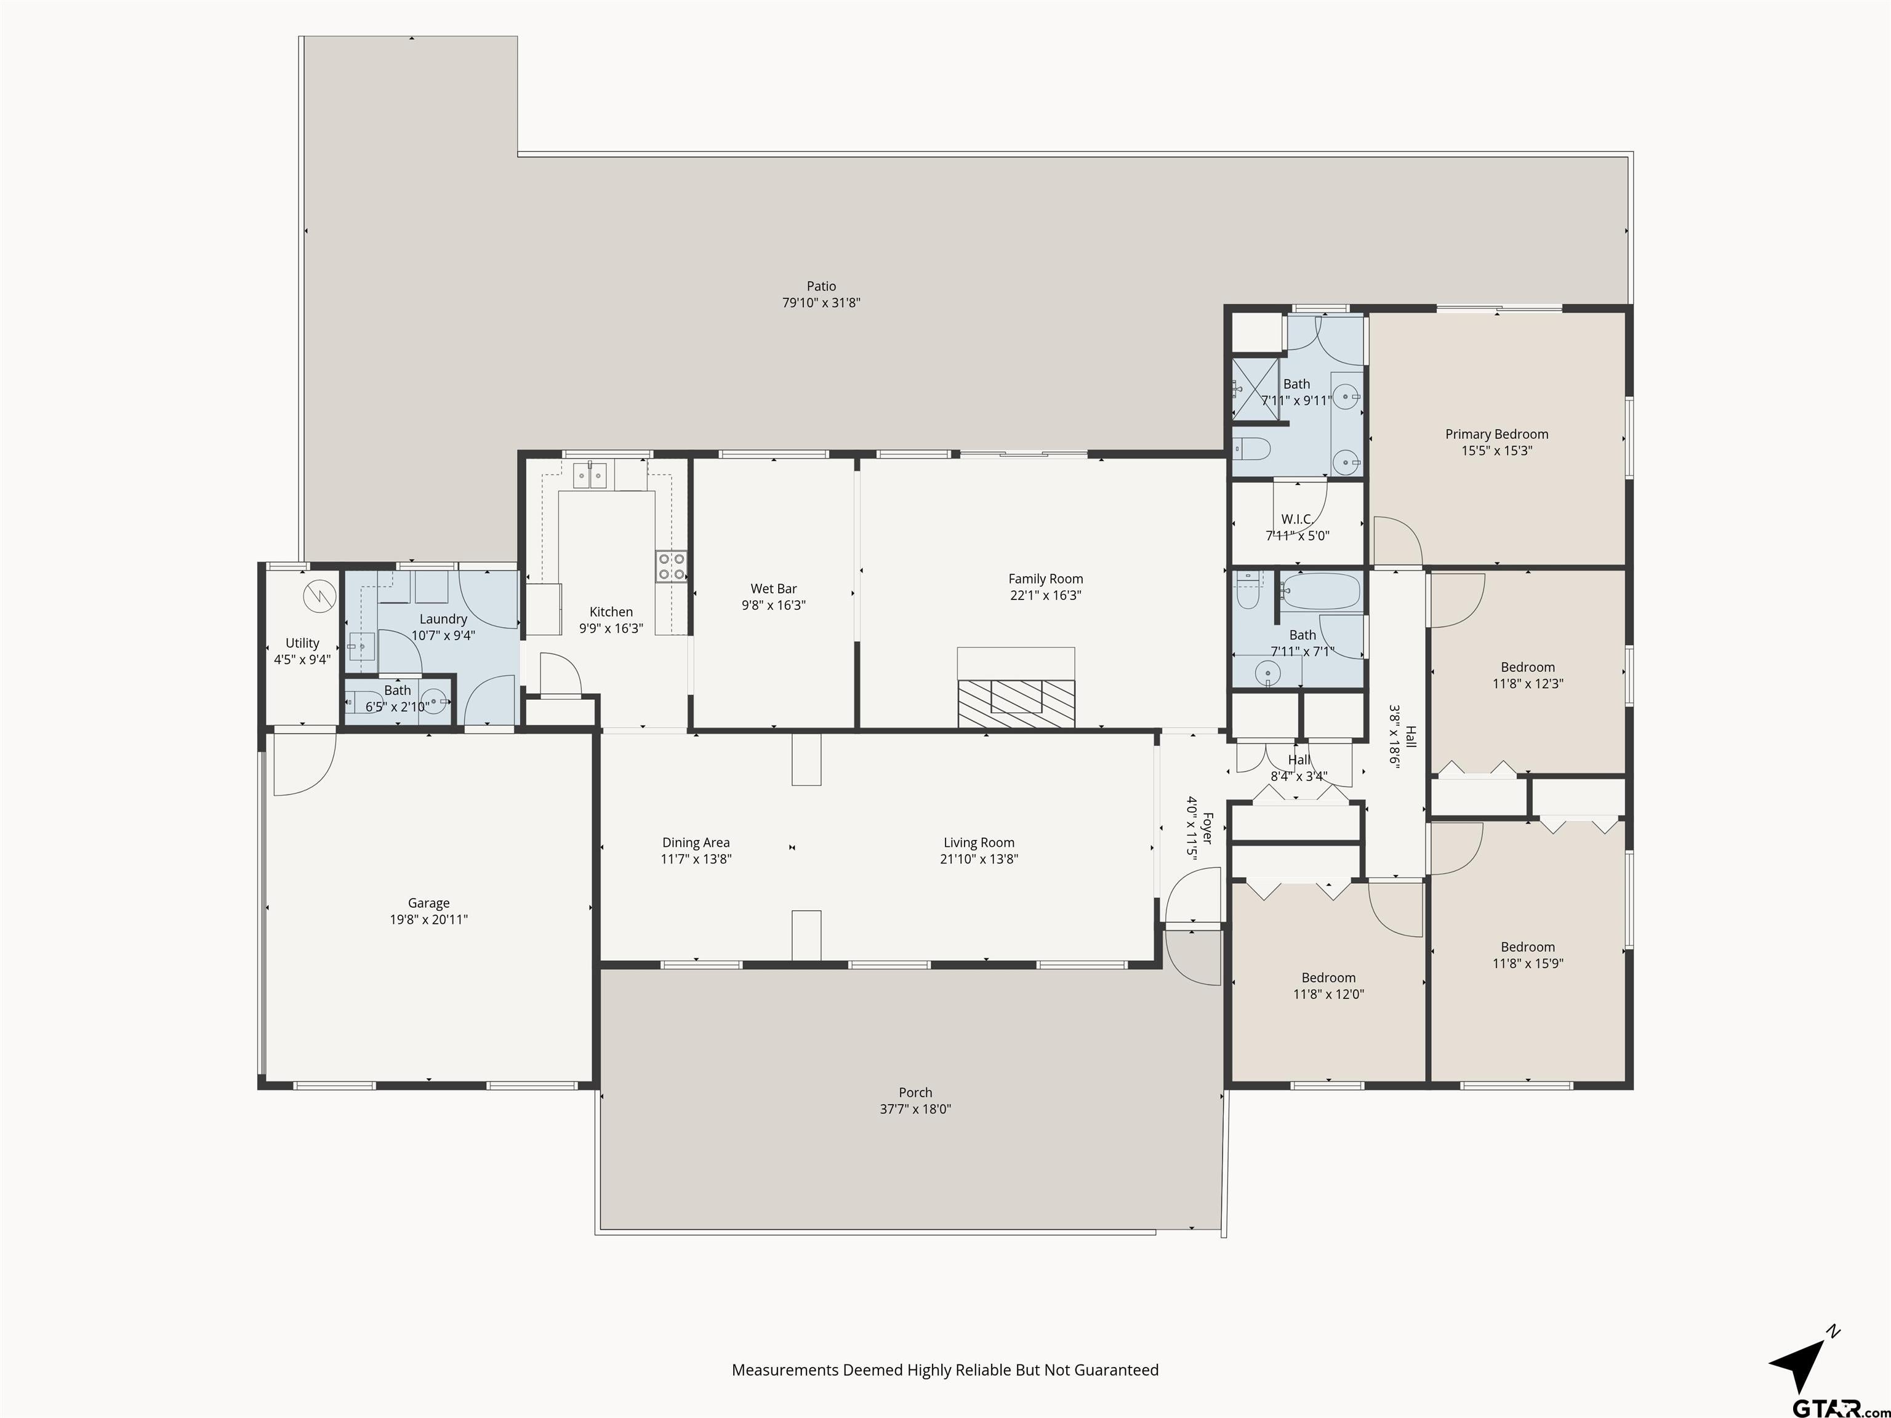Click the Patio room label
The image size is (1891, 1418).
click(x=821, y=286)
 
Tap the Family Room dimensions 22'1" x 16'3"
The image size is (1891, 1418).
click(x=1045, y=596)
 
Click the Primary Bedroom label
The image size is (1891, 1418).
click(x=1496, y=435)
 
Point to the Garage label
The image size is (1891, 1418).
click(x=428, y=903)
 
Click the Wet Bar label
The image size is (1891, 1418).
click(x=774, y=589)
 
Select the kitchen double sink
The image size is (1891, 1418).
click(x=590, y=475)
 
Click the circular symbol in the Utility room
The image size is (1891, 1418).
click(x=319, y=595)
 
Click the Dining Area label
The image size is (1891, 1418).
click(x=696, y=843)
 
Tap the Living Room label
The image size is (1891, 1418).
click(x=979, y=843)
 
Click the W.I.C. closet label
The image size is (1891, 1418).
click(x=1297, y=519)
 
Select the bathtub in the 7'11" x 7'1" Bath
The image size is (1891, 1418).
click(x=1321, y=591)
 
